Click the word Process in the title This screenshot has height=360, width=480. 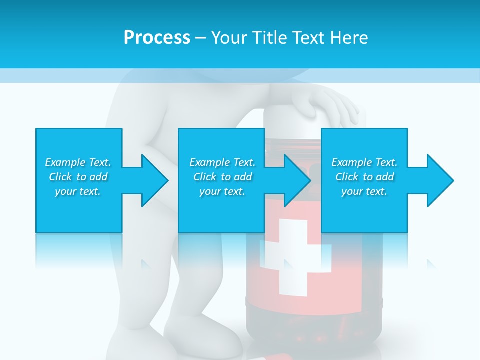(157, 37)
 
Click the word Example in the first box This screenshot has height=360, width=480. (65, 162)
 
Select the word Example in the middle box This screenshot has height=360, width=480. (209, 162)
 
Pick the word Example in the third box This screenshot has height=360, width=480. (351, 162)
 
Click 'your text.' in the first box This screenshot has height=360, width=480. (78, 191)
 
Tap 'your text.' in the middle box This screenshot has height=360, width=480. (222, 191)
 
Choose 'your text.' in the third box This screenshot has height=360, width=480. (364, 191)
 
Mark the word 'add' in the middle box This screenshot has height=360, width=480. (243, 177)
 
